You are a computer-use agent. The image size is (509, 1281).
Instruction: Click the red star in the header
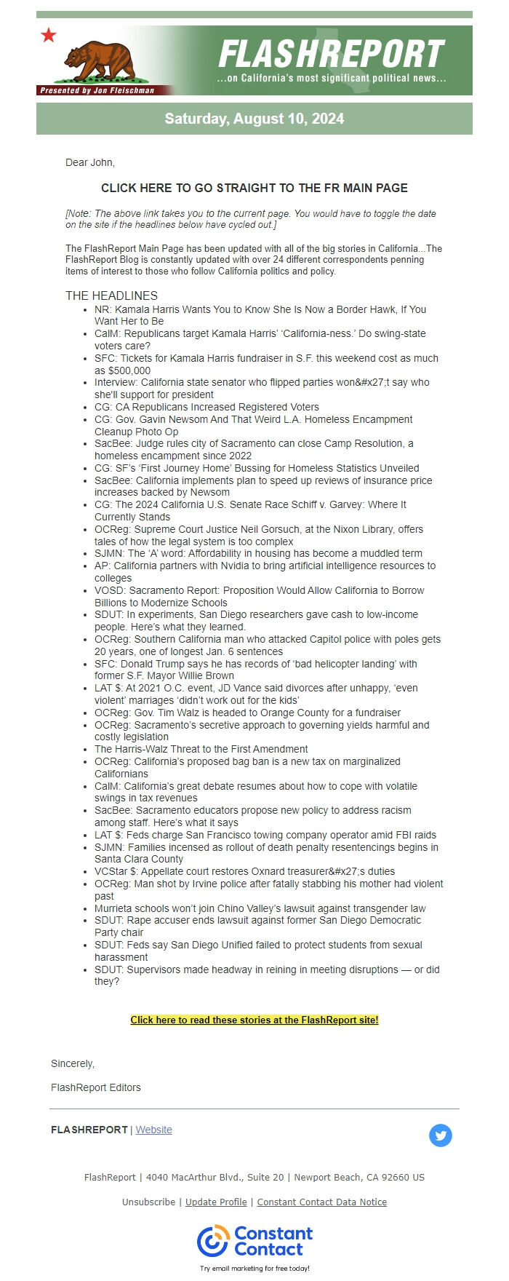point(49,35)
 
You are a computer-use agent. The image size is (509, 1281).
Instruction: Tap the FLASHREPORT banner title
point(331,54)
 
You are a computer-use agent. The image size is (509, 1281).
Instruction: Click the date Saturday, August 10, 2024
point(254,119)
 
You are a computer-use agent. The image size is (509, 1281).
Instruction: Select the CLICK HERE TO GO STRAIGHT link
point(254,188)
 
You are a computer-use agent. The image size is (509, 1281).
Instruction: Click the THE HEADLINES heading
point(111,296)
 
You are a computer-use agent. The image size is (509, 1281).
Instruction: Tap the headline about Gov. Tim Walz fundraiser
point(247,713)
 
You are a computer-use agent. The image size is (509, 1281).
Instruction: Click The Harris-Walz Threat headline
point(201,749)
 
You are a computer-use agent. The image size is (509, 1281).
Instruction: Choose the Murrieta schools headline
point(260,908)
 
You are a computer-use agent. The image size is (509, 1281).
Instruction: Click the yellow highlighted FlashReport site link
point(254,1020)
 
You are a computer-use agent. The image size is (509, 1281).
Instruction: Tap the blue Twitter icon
point(440,1135)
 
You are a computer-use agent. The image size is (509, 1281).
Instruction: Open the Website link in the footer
point(154,1130)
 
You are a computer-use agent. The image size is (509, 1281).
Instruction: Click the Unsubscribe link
point(148,1202)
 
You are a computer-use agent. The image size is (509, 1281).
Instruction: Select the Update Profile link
point(216,1202)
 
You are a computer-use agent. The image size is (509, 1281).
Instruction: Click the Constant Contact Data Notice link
point(321,1202)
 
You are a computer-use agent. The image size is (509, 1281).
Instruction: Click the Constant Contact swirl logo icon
point(213,1241)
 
